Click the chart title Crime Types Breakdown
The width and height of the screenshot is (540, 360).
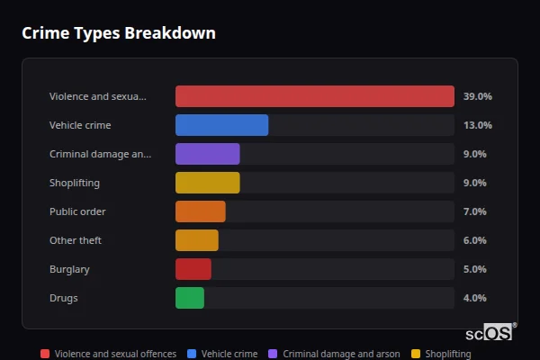(x=119, y=33)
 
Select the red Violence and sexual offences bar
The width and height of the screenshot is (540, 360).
(x=315, y=96)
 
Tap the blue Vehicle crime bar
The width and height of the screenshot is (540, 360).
(x=221, y=125)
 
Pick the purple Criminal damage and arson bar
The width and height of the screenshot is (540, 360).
(x=207, y=154)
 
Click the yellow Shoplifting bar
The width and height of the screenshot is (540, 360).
(x=207, y=183)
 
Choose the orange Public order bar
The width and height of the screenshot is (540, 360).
(x=200, y=211)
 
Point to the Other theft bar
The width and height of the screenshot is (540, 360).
(x=196, y=240)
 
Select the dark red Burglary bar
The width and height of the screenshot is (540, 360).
(x=193, y=269)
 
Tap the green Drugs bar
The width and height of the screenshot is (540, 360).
(x=189, y=298)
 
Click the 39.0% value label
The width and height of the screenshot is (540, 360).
(x=477, y=96)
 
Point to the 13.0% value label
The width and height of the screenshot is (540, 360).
(x=477, y=125)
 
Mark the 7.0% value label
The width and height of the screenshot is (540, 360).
(x=474, y=211)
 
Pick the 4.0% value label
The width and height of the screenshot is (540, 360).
(x=474, y=298)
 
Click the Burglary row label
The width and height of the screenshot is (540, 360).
(x=69, y=269)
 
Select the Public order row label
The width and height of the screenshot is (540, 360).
(x=77, y=211)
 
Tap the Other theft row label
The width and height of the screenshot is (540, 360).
(x=76, y=240)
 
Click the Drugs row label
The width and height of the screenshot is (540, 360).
(x=63, y=298)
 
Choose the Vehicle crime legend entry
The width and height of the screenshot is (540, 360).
(x=222, y=354)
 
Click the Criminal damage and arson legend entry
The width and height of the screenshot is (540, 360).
(x=334, y=354)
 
